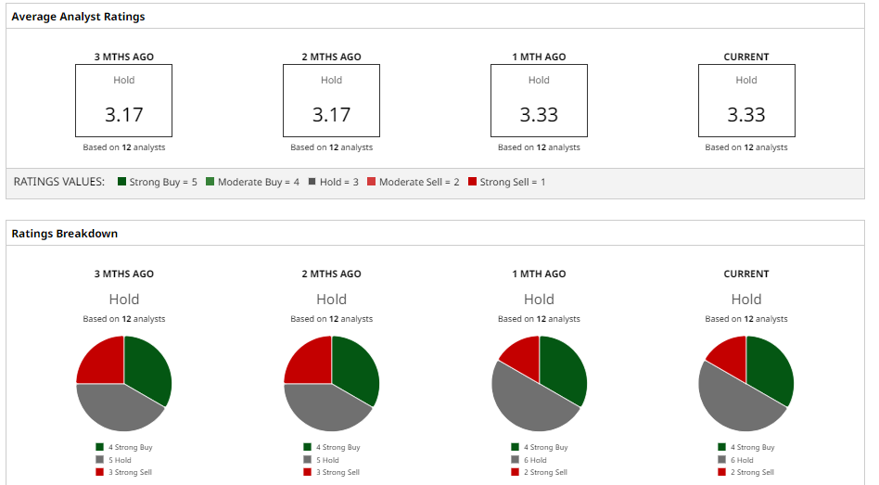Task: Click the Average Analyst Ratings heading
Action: tap(78, 17)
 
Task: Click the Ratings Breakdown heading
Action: tap(64, 234)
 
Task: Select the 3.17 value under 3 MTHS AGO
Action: tap(123, 115)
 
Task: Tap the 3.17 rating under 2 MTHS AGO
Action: tap(331, 115)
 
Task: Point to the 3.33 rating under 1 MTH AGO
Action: tap(539, 115)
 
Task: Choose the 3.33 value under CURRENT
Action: tap(746, 115)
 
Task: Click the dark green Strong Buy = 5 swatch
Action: tap(122, 182)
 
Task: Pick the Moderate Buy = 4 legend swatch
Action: tap(210, 182)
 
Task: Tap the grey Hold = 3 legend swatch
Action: tap(312, 182)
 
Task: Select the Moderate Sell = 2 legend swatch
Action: tap(371, 182)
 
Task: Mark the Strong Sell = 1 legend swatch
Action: tap(472, 182)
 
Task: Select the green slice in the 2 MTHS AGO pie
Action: tap(355, 366)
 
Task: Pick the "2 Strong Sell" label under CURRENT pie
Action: tap(751, 472)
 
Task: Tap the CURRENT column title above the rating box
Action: tap(746, 57)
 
